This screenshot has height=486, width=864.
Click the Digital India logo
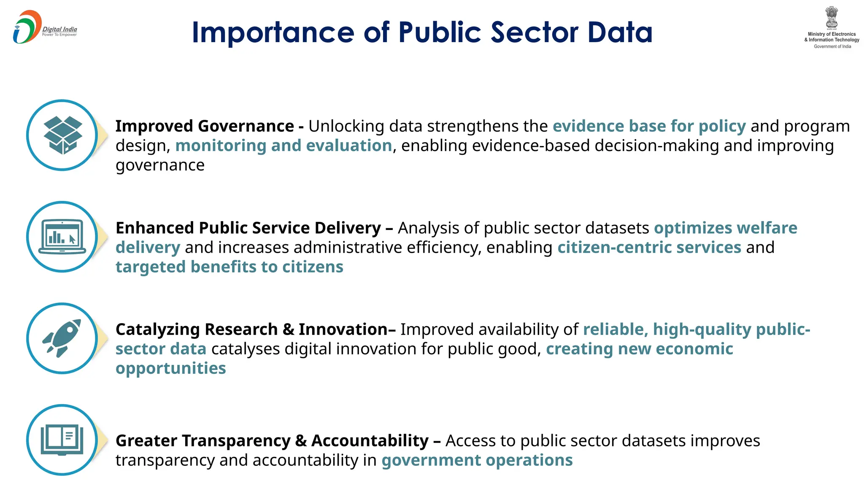coord(44,27)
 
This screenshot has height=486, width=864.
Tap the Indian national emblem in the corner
coord(832,17)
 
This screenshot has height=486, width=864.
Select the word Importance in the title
coord(273,32)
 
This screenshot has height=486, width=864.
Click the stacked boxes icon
coord(63,135)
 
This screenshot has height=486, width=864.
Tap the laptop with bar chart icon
coord(62,237)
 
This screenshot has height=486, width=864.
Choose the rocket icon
coord(62,338)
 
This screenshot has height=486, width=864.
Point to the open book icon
coord(62,440)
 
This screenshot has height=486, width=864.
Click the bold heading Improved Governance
coord(205,126)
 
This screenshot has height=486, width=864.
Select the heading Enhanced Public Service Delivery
coord(248,228)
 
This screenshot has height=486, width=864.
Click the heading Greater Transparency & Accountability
coord(272,440)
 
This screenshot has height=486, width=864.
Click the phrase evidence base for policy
coord(649,126)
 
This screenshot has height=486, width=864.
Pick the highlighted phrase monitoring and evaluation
coord(283,146)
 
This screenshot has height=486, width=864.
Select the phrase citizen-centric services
coord(649,247)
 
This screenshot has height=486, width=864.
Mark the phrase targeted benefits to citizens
coord(229,267)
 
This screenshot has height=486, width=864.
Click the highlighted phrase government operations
coord(477,460)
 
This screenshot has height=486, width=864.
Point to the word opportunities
coord(171,368)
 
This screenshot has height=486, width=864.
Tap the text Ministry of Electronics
coord(832,34)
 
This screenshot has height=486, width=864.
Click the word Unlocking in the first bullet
coord(346,126)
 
